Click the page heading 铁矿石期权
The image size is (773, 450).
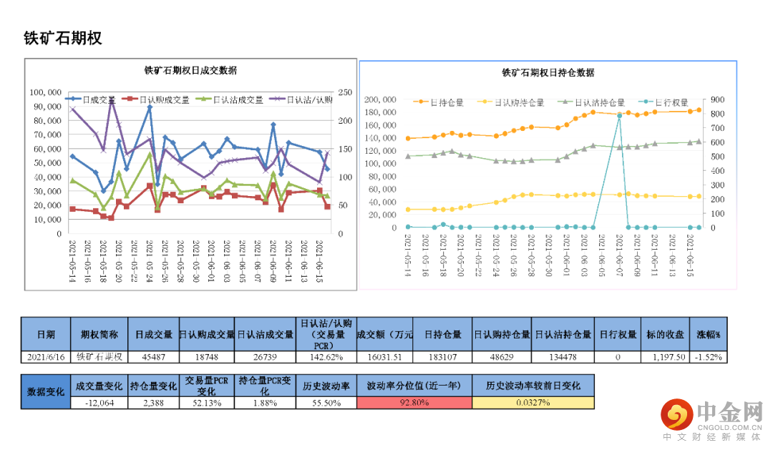[x=63, y=38]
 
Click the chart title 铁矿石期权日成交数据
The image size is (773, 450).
[x=190, y=71]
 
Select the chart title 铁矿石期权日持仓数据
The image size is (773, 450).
[x=548, y=73]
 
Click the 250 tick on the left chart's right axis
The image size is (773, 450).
[x=346, y=92]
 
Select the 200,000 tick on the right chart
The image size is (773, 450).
[x=381, y=99]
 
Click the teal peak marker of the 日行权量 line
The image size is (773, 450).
[x=619, y=115]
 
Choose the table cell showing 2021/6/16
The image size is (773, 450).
[x=46, y=357]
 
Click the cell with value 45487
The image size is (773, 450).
[x=154, y=357]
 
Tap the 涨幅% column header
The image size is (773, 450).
[x=709, y=334]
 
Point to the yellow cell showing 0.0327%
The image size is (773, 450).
[x=533, y=403]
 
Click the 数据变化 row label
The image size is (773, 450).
[x=46, y=392]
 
